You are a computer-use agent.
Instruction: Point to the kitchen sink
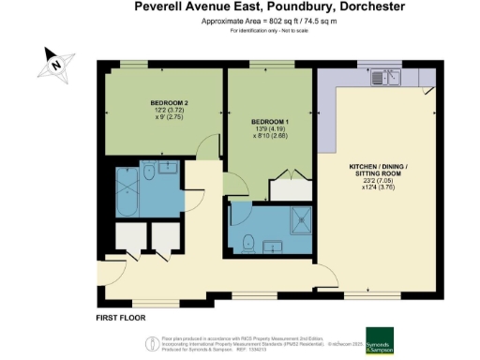click(385, 79)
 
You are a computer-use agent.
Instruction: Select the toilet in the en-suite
click(248, 244)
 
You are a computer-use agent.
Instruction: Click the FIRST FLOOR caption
click(121, 318)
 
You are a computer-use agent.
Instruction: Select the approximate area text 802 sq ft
click(239, 21)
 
